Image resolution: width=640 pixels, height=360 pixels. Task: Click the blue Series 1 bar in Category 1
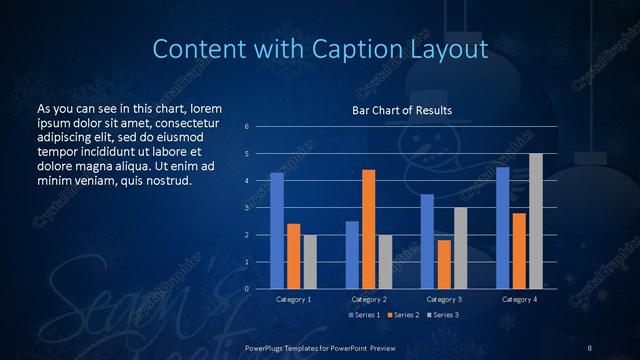click(277, 231)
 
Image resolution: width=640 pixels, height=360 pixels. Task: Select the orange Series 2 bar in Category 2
click(369, 229)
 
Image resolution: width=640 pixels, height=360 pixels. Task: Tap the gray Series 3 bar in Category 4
click(536, 221)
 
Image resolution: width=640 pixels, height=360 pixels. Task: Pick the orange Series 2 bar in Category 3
click(444, 264)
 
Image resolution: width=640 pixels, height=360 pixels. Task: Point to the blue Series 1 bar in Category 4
click(503, 228)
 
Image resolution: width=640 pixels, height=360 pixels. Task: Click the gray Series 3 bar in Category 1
click(310, 262)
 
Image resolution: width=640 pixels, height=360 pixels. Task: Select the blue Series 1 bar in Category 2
click(352, 255)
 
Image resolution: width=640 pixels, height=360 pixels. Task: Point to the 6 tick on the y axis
click(247, 127)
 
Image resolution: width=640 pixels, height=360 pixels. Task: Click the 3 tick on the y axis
click(247, 208)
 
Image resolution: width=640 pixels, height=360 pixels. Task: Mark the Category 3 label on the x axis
click(444, 299)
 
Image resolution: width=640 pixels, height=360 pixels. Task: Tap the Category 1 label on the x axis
click(293, 299)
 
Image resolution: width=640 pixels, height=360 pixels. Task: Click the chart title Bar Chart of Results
click(402, 110)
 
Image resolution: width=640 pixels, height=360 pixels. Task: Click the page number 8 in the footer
click(590, 347)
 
